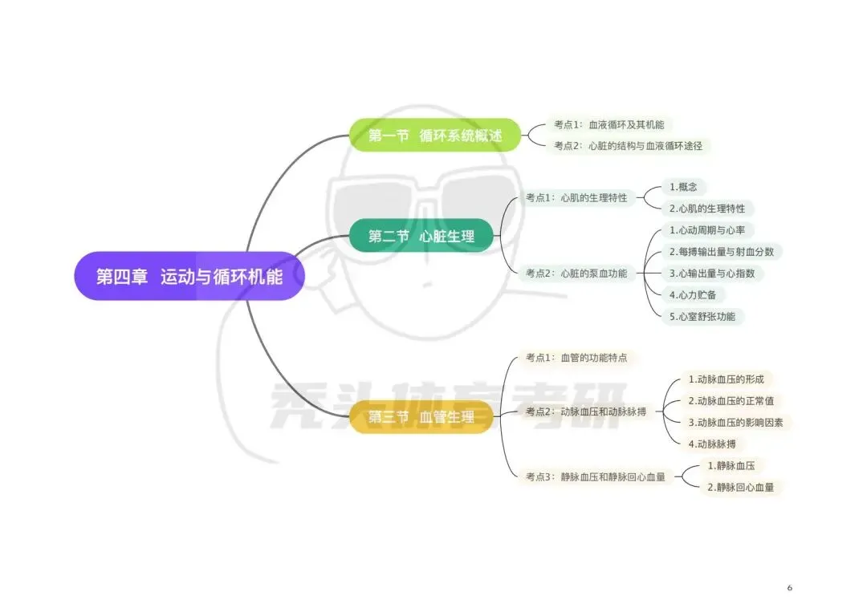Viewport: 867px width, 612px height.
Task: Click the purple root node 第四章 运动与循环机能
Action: click(x=189, y=276)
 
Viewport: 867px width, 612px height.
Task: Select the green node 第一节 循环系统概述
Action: click(x=435, y=135)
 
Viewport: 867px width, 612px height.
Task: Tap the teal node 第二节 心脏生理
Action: click(x=421, y=236)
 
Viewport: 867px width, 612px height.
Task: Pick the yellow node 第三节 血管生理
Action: click(x=421, y=416)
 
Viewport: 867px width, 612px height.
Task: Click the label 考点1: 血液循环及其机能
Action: click(x=609, y=125)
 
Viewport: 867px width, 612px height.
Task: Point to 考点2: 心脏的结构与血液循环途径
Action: click(x=628, y=146)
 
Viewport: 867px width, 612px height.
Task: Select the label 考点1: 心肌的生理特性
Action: click(x=576, y=198)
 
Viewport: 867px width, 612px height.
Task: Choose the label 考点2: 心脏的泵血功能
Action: click(x=576, y=274)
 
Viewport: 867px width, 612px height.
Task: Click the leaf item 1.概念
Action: click(x=683, y=187)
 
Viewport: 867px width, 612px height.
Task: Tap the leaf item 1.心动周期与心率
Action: click(x=707, y=230)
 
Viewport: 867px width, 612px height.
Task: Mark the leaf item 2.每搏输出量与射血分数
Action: click(x=722, y=252)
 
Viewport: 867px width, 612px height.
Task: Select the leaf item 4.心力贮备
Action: click(x=693, y=295)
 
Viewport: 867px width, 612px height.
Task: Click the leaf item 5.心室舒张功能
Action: click(x=702, y=317)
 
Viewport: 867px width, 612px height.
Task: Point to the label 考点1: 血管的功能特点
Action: click(x=576, y=358)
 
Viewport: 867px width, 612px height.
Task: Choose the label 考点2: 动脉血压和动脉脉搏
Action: click(x=586, y=411)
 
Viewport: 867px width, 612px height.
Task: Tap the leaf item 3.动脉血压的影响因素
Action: click(x=736, y=423)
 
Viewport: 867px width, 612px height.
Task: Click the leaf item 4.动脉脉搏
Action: click(x=712, y=444)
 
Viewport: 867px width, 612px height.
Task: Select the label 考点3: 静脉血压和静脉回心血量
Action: click(x=596, y=476)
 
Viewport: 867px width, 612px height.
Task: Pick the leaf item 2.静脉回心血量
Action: click(x=741, y=487)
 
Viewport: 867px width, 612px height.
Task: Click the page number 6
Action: click(x=790, y=588)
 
